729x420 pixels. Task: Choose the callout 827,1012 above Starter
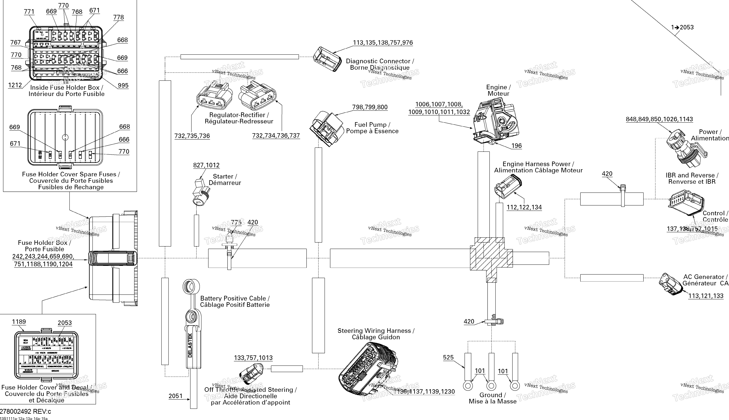206,165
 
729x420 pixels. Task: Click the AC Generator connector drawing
670,284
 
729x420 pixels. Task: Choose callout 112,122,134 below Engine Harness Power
524,207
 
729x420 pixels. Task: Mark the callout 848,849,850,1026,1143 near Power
659,119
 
